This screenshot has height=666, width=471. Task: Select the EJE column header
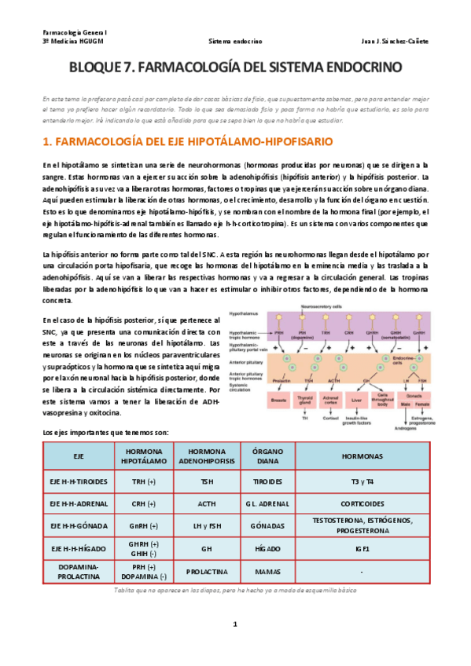click(x=78, y=456)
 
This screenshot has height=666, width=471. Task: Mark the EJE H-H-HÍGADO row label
click(x=78, y=547)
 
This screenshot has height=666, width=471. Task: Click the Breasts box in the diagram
click(x=278, y=401)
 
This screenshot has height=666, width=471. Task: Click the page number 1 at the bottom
click(x=234, y=624)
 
